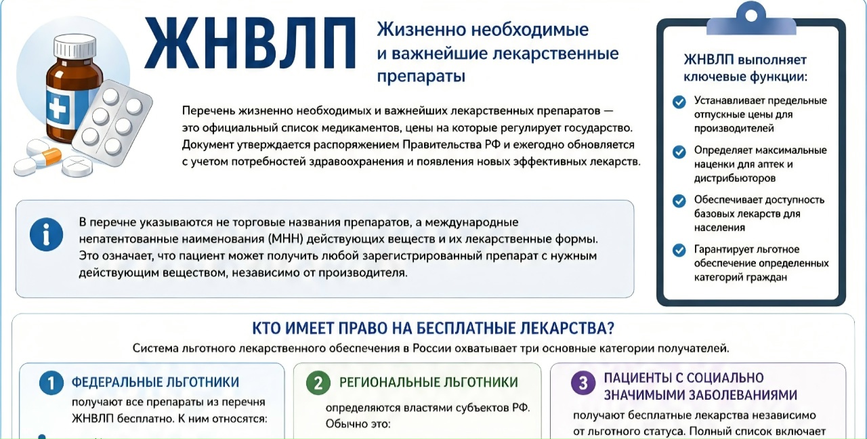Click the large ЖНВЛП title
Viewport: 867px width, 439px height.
click(x=250, y=43)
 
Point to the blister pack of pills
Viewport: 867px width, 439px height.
click(x=112, y=123)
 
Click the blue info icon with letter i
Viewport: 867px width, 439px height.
click(x=47, y=234)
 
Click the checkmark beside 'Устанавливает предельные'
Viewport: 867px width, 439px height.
click(x=679, y=102)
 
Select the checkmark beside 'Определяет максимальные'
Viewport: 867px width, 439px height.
click(x=679, y=152)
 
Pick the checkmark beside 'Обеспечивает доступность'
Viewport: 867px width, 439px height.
click(x=679, y=201)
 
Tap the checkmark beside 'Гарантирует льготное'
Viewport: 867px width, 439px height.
click(x=679, y=250)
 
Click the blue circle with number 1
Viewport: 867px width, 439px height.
click(x=51, y=383)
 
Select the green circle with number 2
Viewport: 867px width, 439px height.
click(x=318, y=383)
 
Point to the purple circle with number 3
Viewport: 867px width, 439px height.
click(x=583, y=383)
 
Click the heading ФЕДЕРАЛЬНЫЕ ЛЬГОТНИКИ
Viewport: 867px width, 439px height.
click(x=155, y=383)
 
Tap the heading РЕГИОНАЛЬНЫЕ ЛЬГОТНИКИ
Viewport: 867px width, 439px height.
click(x=429, y=383)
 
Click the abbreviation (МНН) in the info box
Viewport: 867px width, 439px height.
click(x=285, y=239)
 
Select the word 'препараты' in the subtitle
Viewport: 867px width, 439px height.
click(x=421, y=77)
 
